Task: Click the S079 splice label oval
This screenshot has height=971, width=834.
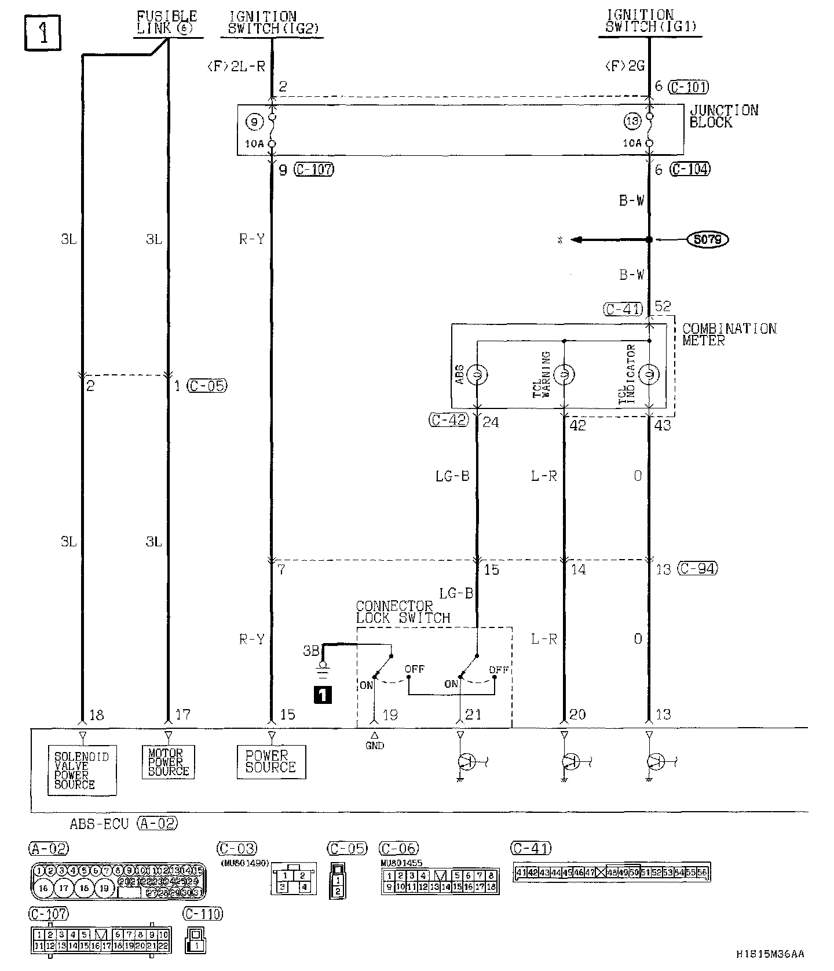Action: [x=707, y=239]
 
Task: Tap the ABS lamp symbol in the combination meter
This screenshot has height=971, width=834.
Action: [x=477, y=375]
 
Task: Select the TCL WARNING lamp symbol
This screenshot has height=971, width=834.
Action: [x=564, y=375]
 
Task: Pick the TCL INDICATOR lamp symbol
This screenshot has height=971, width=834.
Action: [x=649, y=375]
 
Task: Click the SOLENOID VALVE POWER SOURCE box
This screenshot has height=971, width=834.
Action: [x=82, y=770]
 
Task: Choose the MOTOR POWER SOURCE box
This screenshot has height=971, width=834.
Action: [x=168, y=761]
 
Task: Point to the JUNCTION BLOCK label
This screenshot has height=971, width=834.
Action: [x=723, y=116]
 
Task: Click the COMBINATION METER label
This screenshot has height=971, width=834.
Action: [x=729, y=334]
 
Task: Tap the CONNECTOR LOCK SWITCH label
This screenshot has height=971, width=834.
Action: [x=403, y=612]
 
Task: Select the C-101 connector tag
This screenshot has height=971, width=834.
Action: [x=688, y=87]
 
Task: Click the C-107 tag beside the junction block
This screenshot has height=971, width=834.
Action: [x=314, y=170]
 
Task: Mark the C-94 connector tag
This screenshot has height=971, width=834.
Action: [x=697, y=568]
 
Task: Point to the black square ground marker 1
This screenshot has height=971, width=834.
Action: [x=322, y=694]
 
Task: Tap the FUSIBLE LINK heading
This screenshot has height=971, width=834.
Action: [x=167, y=23]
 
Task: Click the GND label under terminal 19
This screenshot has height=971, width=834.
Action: [x=375, y=746]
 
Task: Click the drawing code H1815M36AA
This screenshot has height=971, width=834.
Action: [x=770, y=954]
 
